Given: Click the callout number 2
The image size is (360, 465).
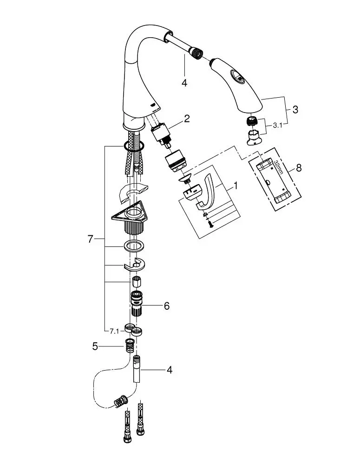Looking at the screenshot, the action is pyautogui.click(x=187, y=119).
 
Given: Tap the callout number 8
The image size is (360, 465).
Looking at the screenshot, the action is pyautogui.click(x=299, y=168).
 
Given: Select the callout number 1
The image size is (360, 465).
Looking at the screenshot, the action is pyautogui.click(x=236, y=186).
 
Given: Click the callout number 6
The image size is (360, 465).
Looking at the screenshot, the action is pyautogui.click(x=166, y=306).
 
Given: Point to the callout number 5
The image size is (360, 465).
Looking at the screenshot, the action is pyautogui.click(x=95, y=346).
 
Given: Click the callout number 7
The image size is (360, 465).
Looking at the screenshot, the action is pyautogui.click(x=91, y=239).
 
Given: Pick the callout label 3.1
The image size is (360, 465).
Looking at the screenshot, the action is pyautogui.click(x=277, y=126).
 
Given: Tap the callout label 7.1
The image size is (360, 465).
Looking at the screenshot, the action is pyautogui.click(x=114, y=332).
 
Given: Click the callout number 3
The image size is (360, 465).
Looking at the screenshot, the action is pyautogui.click(x=295, y=109).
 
